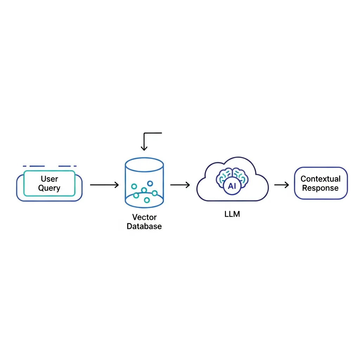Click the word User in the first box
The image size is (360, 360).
tap(49, 179)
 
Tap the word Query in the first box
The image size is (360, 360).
tap(49, 188)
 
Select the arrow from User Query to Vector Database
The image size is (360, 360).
tap(104, 185)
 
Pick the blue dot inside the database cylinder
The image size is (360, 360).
tap(150, 183)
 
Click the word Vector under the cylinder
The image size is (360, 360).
tap(144, 217)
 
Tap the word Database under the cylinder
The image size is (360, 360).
tap(144, 226)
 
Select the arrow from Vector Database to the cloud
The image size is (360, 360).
tap(180, 185)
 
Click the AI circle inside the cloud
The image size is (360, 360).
tap(232, 186)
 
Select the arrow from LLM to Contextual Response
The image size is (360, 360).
tap(281, 185)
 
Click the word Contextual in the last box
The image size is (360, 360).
tap(320, 179)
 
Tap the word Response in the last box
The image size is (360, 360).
tap(320, 188)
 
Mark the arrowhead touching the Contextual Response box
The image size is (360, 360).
tap(287, 185)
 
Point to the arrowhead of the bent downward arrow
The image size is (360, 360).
tap(144, 148)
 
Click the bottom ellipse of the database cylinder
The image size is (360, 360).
tap(144, 199)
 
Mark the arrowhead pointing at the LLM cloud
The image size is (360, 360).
tap(187, 185)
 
